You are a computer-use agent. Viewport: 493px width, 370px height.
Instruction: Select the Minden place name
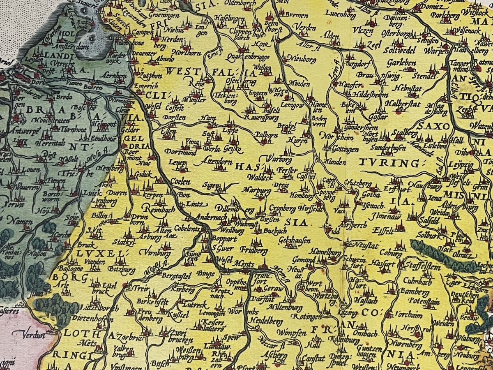(x=300, y=84)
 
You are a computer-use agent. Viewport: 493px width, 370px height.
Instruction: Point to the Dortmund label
(x=174, y=152)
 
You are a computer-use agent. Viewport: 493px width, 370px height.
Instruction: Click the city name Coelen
(x=180, y=181)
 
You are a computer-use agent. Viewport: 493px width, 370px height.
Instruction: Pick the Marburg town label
(x=256, y=191)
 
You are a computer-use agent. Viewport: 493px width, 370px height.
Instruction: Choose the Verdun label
(x=33, y=334)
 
